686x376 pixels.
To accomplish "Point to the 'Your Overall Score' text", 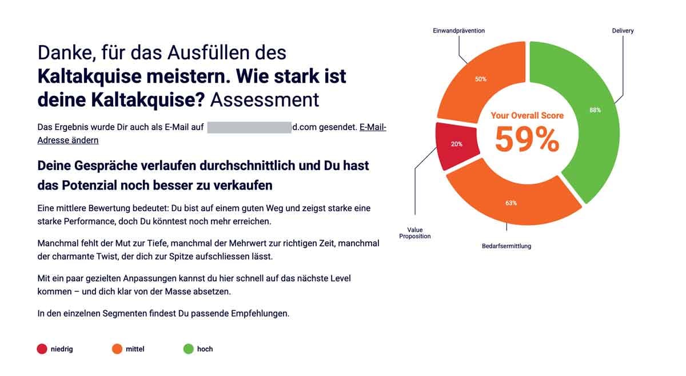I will [x=527, y=115].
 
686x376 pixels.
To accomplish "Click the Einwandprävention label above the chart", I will [x=458, y=31].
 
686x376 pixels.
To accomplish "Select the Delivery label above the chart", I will [x=623, y=31].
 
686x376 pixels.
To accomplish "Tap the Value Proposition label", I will [x=415, y=233].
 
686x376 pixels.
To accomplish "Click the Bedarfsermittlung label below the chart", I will [x=506, y=246].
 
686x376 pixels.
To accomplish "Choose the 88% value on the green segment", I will [x=595, y=110].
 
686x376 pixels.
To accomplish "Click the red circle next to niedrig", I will [x=42, y=349].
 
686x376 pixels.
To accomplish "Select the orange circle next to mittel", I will [x=117, y=349].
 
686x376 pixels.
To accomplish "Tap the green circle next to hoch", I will [x=188, y=349].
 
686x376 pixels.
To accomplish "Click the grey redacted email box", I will [x=249, y=128].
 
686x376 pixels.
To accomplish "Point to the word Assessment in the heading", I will [x=264, y=99].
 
